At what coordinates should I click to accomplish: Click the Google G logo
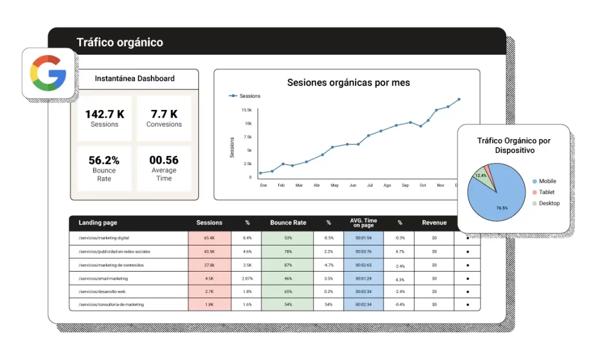(x=48, y=73)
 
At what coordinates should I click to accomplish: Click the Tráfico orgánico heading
(x=120, y=42)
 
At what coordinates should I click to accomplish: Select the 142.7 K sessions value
(x=105, y=115)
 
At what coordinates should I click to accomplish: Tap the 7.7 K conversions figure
(x=164, y=115)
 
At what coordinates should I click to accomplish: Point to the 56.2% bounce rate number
(x=104, y=161)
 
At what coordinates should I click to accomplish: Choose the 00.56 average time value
(x=164, y=161)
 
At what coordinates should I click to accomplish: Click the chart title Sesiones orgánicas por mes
(x=348, y=83)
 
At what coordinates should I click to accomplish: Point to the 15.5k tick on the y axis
(x=246, y=110)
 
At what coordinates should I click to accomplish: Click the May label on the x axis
(x=335, y=186)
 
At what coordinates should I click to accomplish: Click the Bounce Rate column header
(x=288, y=223)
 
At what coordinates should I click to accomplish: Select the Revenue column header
(x=434, y=223)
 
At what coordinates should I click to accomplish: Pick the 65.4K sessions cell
(x=210, y=238)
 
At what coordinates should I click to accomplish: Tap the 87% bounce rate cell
(x=288, y=265)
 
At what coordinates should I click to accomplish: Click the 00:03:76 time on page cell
(x=363, y=252)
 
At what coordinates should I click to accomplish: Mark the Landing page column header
(x=98, y=223)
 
